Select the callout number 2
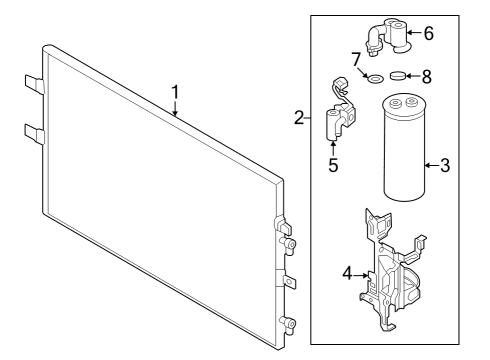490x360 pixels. [x=300, y=119]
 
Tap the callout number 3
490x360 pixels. [x=445, y=165]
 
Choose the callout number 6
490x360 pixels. [x=456, y=33]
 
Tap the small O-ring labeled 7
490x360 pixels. [x=376, y=79]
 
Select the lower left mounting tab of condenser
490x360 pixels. [x=32, y=133]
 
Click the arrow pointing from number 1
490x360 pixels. [x=175, y=110]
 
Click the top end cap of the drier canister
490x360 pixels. [x=405, y=103]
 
